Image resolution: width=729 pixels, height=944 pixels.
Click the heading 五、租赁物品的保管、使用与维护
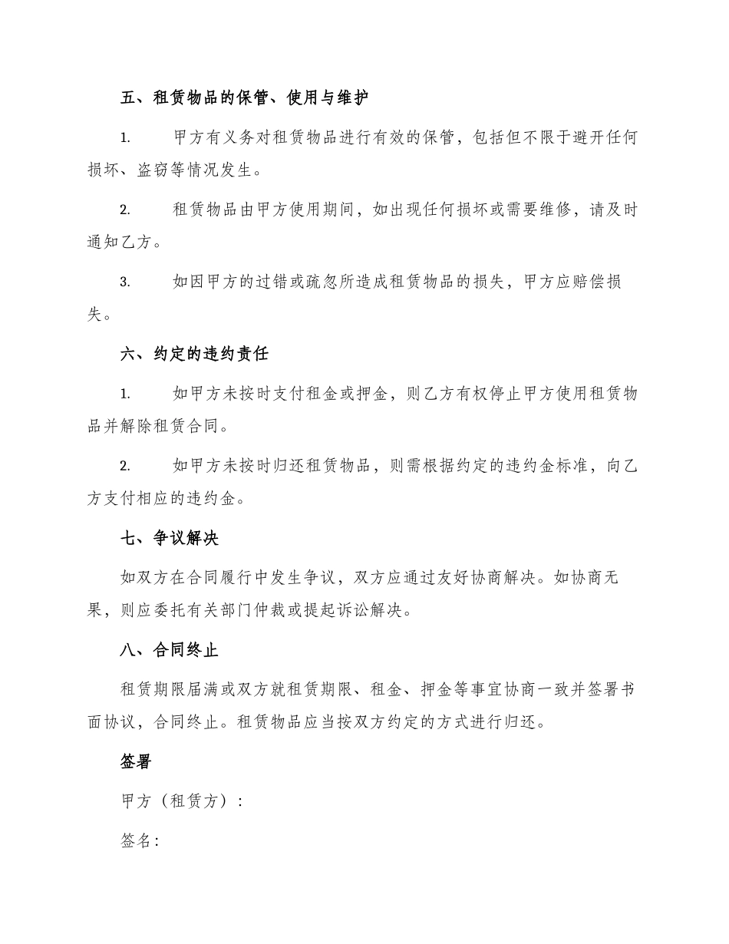point(245,97)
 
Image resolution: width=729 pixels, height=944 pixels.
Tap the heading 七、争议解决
point(170,538)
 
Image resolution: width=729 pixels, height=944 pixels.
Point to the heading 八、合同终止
point(170,650)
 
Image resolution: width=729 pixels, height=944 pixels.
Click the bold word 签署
point(137,761)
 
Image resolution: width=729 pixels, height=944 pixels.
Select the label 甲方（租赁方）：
point(183,800)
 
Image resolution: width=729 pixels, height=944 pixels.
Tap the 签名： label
point(140,840)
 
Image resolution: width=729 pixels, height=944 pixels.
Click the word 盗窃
point(154,170)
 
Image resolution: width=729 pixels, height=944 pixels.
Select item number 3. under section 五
point(125,282)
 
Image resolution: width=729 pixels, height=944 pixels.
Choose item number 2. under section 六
point(125,467)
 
